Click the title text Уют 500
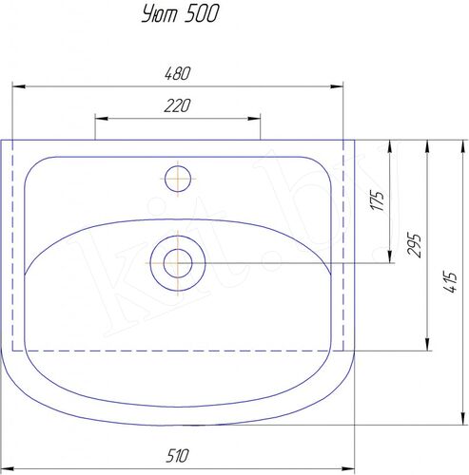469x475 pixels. (180, 14)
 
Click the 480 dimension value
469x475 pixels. (178, 73)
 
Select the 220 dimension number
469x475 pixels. (178, 105)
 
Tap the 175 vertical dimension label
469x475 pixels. (378, 200)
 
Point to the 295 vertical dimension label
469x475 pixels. (415, 245)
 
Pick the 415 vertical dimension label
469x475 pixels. (450, 282)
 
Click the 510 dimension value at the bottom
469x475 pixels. (178, 455)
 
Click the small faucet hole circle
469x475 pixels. (178, 179)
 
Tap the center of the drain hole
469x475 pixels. (178, 263)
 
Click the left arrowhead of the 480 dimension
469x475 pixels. (18, 86)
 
